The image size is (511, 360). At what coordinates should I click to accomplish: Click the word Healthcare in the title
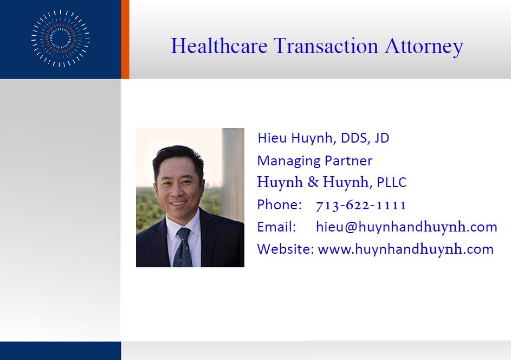(x=219, y=46)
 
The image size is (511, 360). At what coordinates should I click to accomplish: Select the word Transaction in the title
(x=326, y=46)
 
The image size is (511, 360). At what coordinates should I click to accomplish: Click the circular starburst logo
(x=61, y=38)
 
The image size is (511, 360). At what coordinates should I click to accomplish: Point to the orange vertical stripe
(x=125, y=39)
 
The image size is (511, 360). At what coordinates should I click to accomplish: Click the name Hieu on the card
(x=272, y=138)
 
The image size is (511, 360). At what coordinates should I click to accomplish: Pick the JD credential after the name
(x=382, y=138)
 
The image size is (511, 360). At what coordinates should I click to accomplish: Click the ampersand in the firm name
(x=313, y=182)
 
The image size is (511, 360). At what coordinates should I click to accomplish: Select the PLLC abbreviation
(x=392, y=182)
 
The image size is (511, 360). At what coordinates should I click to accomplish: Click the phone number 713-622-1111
(x=361, y=205)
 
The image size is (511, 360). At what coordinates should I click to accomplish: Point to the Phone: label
(x=280, y=205)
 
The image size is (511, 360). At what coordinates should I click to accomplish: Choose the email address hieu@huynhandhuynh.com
(x=407, y=227)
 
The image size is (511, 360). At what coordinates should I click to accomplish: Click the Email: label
(x=277, y=227)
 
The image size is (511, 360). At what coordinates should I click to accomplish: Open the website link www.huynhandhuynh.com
(x=406, y=249)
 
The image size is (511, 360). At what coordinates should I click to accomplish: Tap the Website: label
(x=286, y=249)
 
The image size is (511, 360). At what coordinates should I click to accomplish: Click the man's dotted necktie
(x=183, y=248)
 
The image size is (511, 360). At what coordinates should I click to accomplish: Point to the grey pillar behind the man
(x=232, y=173)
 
